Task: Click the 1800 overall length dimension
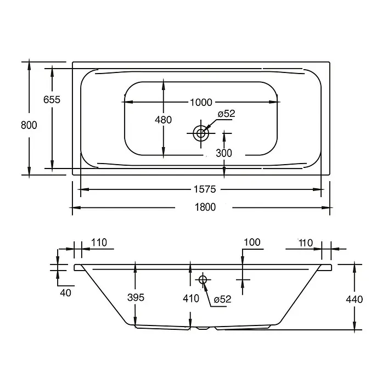tap(205, 207)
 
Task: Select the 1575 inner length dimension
tap(205, 189)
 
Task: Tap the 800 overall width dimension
tap(29, 125)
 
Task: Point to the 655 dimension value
tap(52, 100)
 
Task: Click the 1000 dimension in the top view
tap(201, 102)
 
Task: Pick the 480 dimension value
tap(163, 120)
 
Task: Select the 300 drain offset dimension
tap(224, 153)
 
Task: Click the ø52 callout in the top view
tap(226, 114)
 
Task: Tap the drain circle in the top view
tap(201, 133)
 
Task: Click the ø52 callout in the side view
tap(222, 299)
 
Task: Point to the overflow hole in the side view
tap(203, 280)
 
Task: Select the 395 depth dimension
tap(136, 297)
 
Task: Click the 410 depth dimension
tap(191, 298)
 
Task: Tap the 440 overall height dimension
tap(355, 299)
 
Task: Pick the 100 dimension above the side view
tap(252, 242)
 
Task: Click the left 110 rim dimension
tap(99, 243)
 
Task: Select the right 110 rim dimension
tap(306, 243)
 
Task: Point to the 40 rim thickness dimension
tap(65, 293)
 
